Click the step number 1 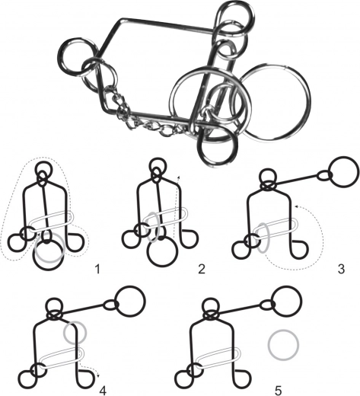97,269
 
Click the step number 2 202,269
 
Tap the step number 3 341,269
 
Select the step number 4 103,391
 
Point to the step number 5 278,391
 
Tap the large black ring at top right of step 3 330,173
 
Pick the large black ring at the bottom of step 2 148,252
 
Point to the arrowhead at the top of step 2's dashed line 179,176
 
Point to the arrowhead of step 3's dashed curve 296,207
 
